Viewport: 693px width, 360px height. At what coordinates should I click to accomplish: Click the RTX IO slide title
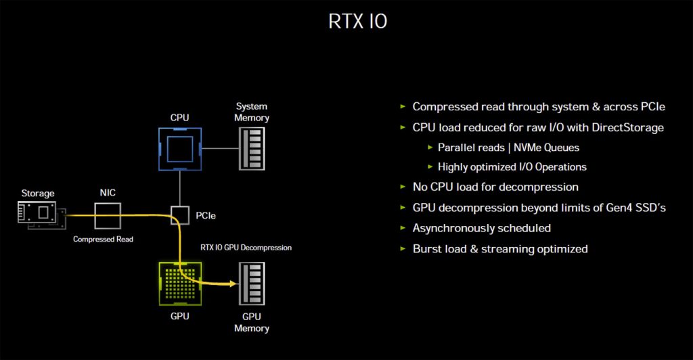click(358, 21)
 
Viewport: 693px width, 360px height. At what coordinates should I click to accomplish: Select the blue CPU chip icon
click(179, 148)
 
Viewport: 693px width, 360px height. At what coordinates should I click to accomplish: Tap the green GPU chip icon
click(179, 283)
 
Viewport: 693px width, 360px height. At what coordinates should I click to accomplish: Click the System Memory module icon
click(252, 148)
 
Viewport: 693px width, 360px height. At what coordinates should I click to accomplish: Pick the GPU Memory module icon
click(252, 283)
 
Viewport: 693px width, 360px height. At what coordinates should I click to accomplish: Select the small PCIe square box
click(179, 216)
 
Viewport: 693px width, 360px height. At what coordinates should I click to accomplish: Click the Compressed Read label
click(104, 240)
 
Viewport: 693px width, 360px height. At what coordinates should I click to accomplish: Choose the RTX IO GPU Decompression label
click(246, 248)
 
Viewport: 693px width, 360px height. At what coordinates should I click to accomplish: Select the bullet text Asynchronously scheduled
click(481, 227)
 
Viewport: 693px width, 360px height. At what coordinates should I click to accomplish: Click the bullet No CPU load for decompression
click(495, 187)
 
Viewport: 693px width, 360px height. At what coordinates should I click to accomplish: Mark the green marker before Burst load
click(404, 248)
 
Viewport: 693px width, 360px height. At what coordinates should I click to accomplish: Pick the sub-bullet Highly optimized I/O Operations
click(512, 166)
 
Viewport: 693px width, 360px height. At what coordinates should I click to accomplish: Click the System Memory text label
click(252, 112)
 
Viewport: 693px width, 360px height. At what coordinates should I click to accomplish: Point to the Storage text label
click(37, 194)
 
